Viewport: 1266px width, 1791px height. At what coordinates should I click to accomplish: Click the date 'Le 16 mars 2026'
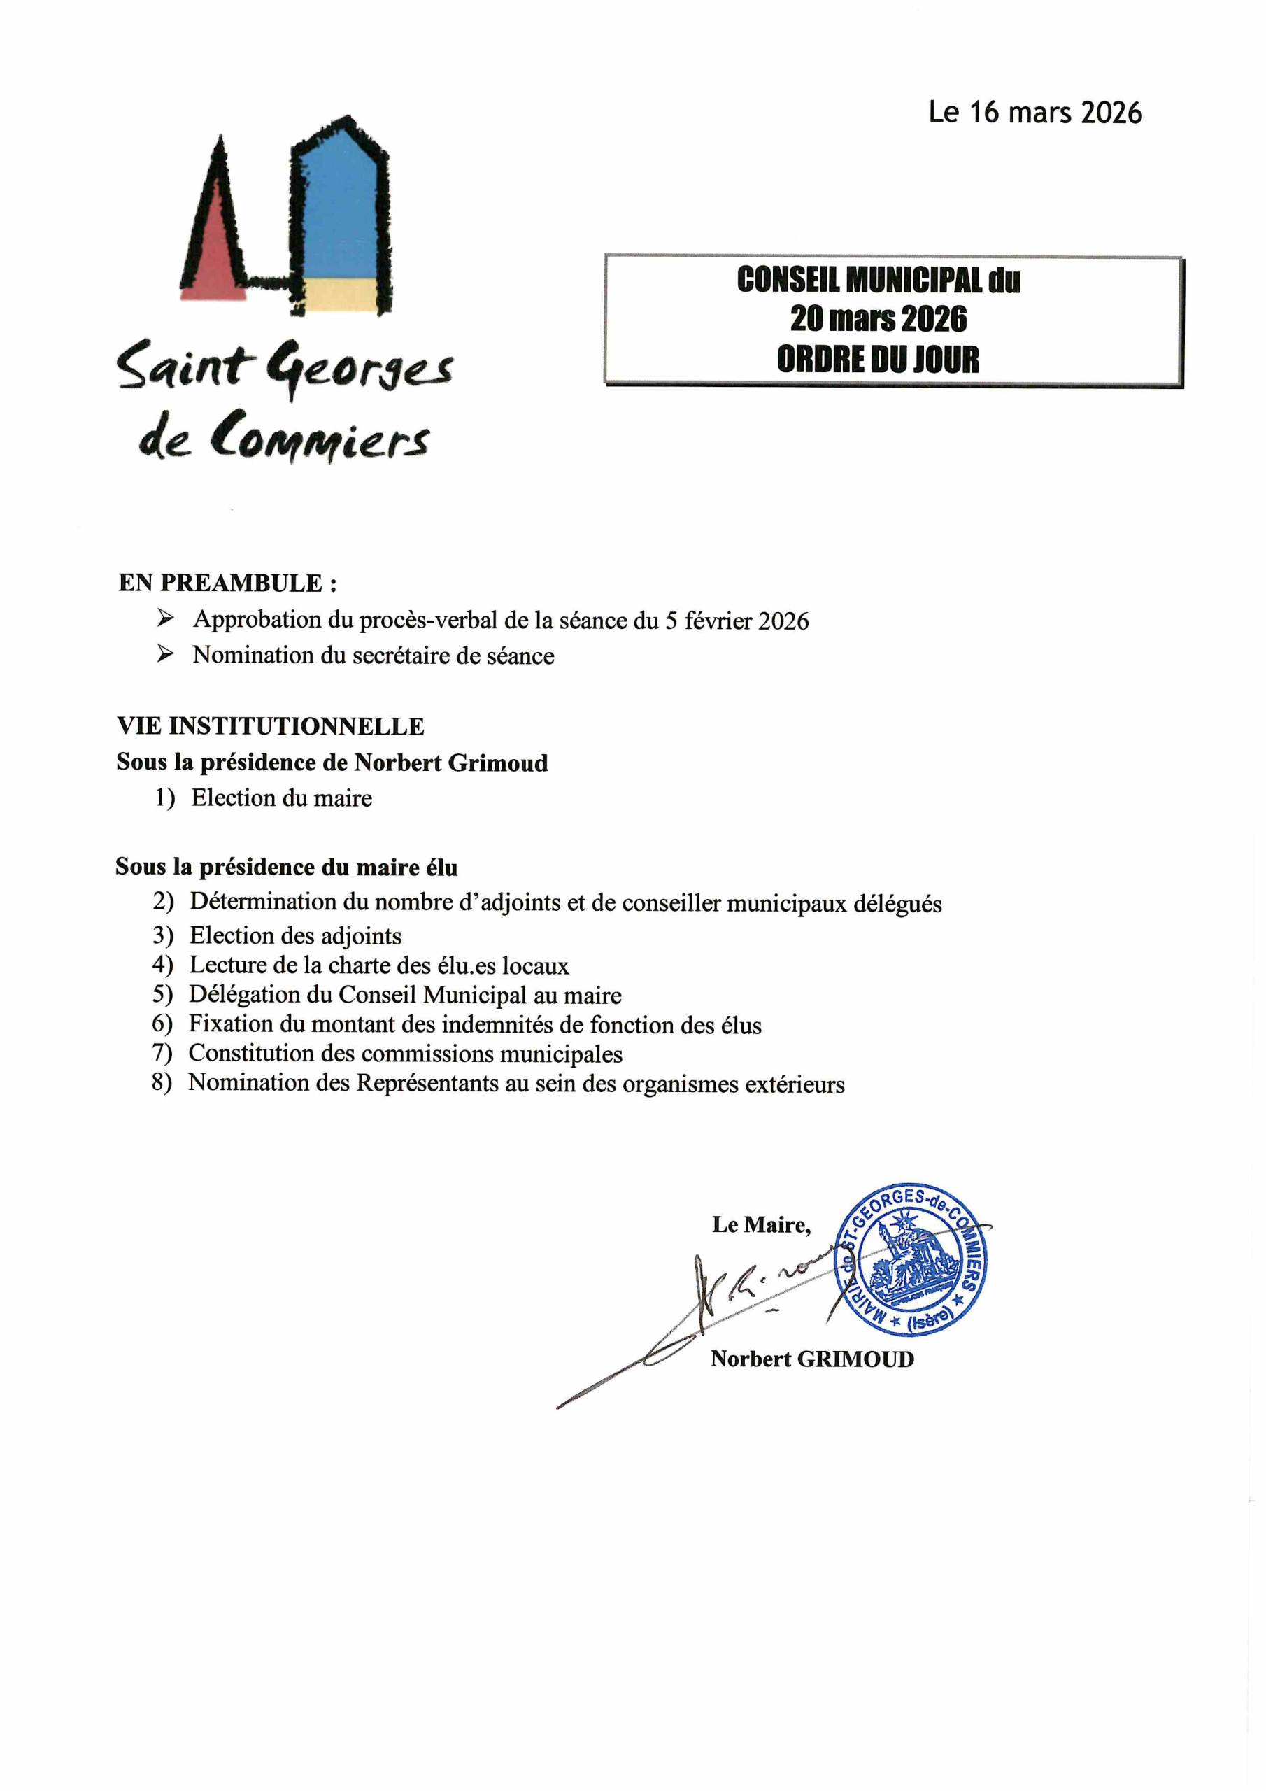click(1034, 113)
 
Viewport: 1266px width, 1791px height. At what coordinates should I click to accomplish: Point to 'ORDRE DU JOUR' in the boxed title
click(878, 360)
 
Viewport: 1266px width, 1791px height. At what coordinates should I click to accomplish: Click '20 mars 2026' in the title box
click(879, 319)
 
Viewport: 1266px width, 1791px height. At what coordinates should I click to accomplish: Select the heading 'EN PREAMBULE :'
click(228, 583)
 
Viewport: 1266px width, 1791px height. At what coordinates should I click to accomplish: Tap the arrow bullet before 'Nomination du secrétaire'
click(165, 654)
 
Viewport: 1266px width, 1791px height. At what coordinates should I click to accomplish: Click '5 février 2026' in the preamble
click(737, 621)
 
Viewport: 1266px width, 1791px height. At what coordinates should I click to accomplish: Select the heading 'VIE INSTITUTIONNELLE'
click(271, 726)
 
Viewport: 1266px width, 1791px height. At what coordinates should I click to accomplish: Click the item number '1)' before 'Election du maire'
click(164, 798)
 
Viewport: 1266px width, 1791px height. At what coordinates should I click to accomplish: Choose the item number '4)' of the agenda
click(162, 965)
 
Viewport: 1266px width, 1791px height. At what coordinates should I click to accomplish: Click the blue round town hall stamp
click(910, 1259)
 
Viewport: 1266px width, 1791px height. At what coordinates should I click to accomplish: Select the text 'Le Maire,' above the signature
click(761, 1225)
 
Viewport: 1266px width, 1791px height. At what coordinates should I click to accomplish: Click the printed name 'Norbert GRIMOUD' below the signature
click(812, 1359)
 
